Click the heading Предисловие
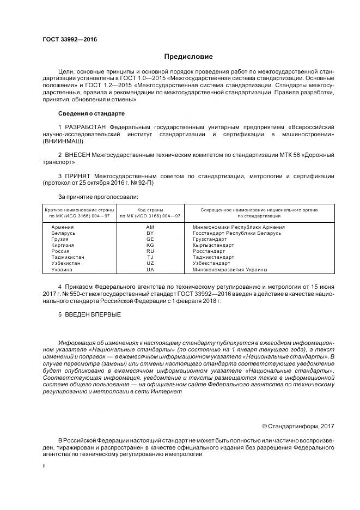(x=188, y=57)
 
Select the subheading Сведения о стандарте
(x=91, y=113)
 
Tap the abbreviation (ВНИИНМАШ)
(x=64, y=141)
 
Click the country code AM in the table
(x=150, y=227)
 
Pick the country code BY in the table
(x=150, y=233)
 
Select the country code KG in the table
(x=150, y=245)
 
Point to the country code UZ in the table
(x=150, y=263)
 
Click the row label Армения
(x=63, y=227)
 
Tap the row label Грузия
(x=61, y=239)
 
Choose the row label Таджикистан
(x=69, y=257)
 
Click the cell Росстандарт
(x=209, y=251)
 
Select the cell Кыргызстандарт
(x=212, y=245)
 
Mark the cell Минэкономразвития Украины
(x=230, y=269)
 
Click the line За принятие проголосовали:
(x=97, y=196)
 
